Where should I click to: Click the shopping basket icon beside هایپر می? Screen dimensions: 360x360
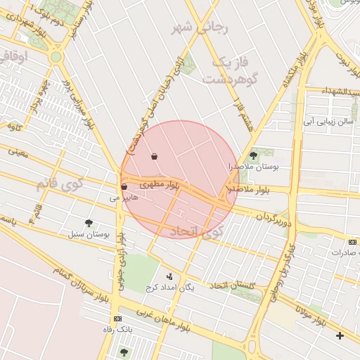tap(124, 188)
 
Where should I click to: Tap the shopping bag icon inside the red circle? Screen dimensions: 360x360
tap(154, 156)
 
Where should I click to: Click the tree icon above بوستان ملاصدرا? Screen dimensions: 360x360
tap(254, 156)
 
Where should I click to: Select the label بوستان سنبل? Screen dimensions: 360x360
tap(89, 233)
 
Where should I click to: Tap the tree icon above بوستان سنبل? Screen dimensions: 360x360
tap(89, 223)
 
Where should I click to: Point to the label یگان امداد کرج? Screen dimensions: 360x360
tap(169, 287)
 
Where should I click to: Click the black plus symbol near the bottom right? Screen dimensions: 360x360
tap(341, 336)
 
